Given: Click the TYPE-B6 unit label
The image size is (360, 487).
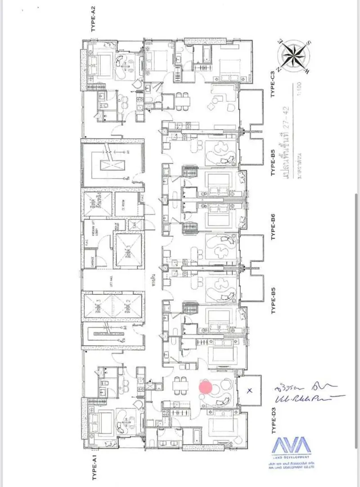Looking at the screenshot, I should (x=273, y=227).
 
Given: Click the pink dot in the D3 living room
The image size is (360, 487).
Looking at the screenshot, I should (x=206, y=387).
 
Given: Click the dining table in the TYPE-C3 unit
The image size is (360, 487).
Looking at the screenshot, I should (x=182, y=101).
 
